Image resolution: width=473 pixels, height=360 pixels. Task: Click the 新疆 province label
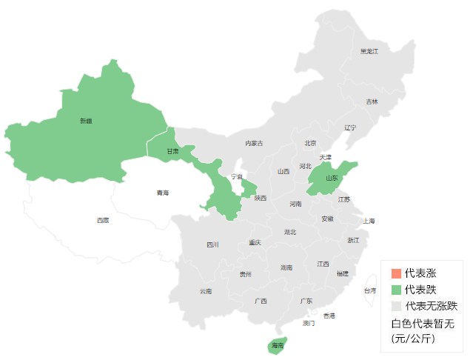point(87,120)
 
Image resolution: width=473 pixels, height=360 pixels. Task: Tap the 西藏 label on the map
point(103,220)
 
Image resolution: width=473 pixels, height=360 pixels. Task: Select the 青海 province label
point(162,193)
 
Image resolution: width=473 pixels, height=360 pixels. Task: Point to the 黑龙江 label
point(369,51)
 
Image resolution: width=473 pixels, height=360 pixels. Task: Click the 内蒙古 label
point(254,143)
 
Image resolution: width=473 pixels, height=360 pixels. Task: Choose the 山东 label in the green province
point(332,178)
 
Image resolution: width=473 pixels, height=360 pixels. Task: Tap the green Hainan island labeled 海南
point(277,345)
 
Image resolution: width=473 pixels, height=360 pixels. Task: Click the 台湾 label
point(369,290)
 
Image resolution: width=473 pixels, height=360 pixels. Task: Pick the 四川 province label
point(212,244)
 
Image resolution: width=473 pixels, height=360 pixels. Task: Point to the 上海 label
point(369,221)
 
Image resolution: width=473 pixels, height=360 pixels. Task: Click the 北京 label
point(309,143)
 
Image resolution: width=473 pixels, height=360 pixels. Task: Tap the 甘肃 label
point(172,151)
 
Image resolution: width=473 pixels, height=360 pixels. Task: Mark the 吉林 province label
point(371,101)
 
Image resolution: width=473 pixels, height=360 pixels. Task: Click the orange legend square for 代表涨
point(396,274)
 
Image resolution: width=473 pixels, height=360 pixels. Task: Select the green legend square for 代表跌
point(396,290)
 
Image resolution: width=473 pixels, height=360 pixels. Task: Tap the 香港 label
point(329,316)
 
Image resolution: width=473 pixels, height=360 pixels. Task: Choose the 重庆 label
point(255,242)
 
